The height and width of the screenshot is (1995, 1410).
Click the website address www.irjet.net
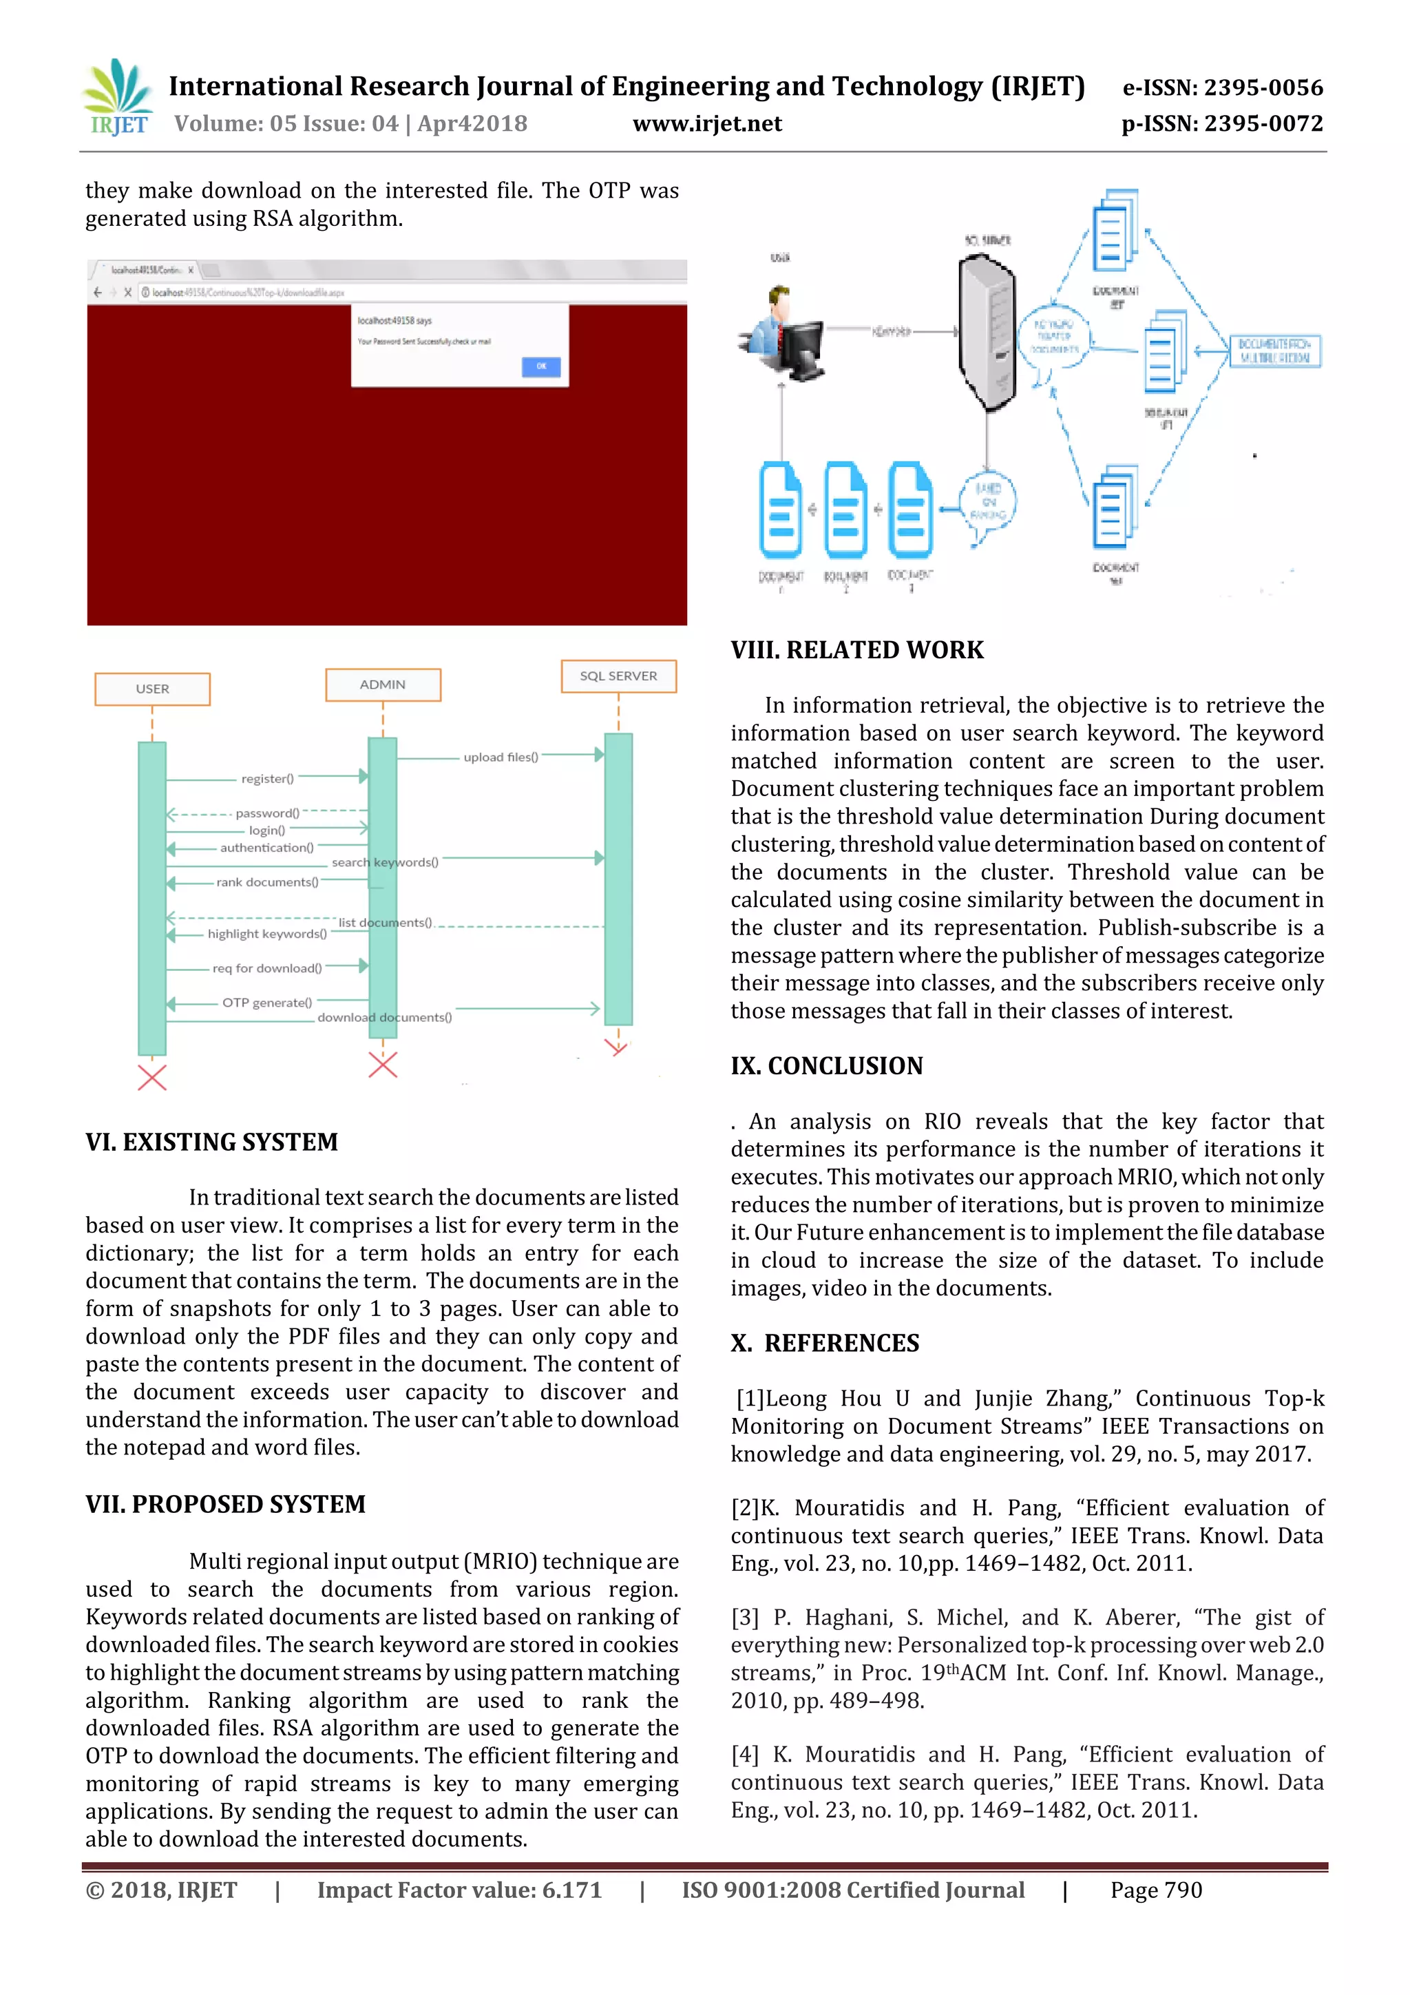pos(707,123)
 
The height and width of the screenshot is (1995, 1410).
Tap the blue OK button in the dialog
pos(540,366)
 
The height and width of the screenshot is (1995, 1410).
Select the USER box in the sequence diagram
pos(152,688)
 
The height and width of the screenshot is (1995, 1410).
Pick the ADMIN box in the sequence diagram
pos(382,684)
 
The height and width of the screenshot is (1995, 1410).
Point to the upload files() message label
pos(501,757)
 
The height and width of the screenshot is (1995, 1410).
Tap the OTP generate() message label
pos(266,1002)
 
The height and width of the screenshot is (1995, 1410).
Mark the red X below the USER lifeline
pos(152,1078)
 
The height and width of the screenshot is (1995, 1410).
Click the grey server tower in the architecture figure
pos(986,330)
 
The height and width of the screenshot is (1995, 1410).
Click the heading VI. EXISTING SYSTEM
pos(211,1142)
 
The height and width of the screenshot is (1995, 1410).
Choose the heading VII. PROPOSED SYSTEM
pos(225,1504)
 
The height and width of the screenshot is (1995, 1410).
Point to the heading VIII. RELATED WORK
pos(856,650)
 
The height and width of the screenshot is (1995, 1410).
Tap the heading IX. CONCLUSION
pos(826,1065)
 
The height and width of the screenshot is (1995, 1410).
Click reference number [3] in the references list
pos(744,1617)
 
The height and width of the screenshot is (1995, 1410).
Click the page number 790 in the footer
pos(1182,1890)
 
